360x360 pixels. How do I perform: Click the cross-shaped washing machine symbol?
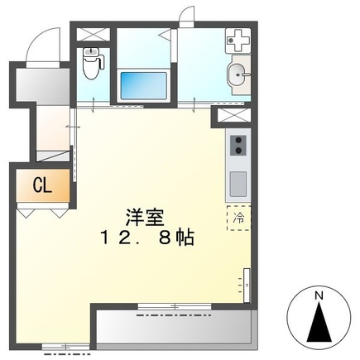[239, 40]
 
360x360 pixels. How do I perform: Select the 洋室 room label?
[145, 218]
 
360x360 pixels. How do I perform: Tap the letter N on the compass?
[318, 294]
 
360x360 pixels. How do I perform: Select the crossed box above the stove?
[235, 116]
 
